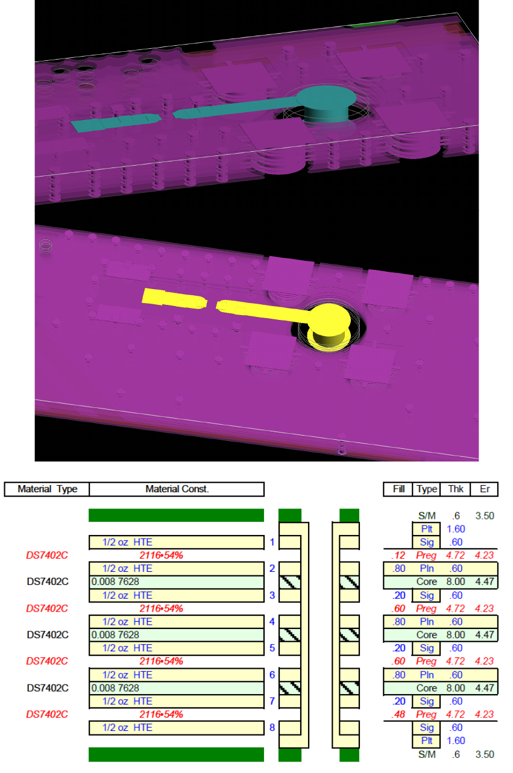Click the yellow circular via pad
point(329,319)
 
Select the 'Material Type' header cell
point(47,489)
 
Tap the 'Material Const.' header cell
point(177,489)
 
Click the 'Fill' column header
point(398,489)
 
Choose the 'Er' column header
point(484,489)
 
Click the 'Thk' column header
point(455,489)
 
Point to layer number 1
point(272,542)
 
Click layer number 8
point(272,727)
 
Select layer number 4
point(272,622)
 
